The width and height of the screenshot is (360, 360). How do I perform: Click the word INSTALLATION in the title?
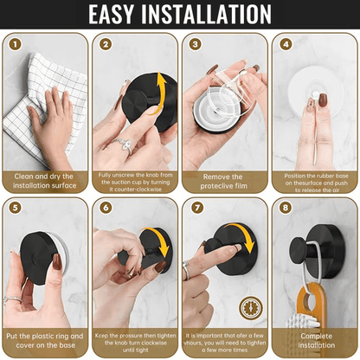212,15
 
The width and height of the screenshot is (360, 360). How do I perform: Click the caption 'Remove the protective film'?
222,180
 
